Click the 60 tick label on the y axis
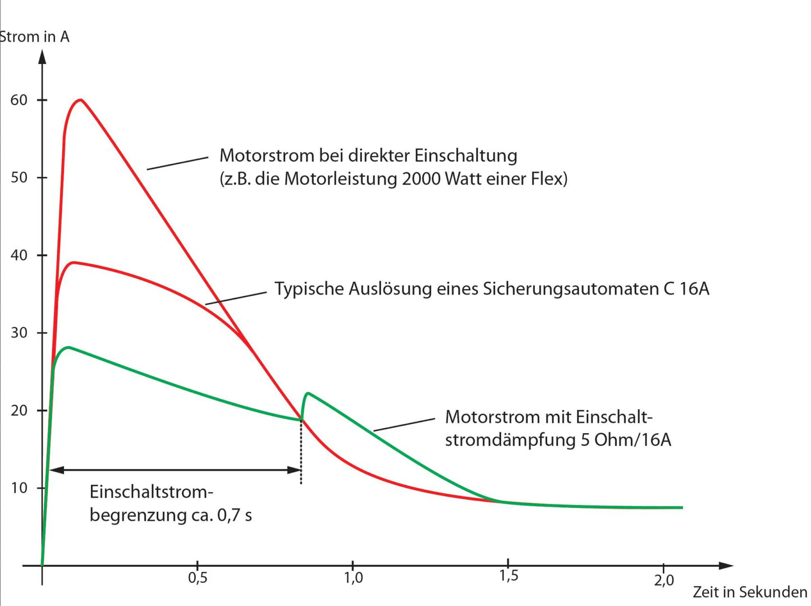(19, 100)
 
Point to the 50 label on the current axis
(19, 178)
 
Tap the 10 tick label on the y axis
(19, 488)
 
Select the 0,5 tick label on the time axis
(198, 577)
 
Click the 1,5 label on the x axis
(508, 576)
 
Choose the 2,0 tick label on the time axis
(664, 580)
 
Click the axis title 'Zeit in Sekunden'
(750, 593)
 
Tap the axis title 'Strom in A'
(35, 37)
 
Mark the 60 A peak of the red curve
(81, 100)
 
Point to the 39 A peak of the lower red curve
(72, 263)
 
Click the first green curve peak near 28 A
(68, 348)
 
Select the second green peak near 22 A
(309, 393)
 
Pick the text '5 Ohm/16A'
(626, 440)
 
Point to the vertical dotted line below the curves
(301, 454)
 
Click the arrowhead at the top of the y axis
(42, 56)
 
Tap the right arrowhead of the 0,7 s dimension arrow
(295, 470)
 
